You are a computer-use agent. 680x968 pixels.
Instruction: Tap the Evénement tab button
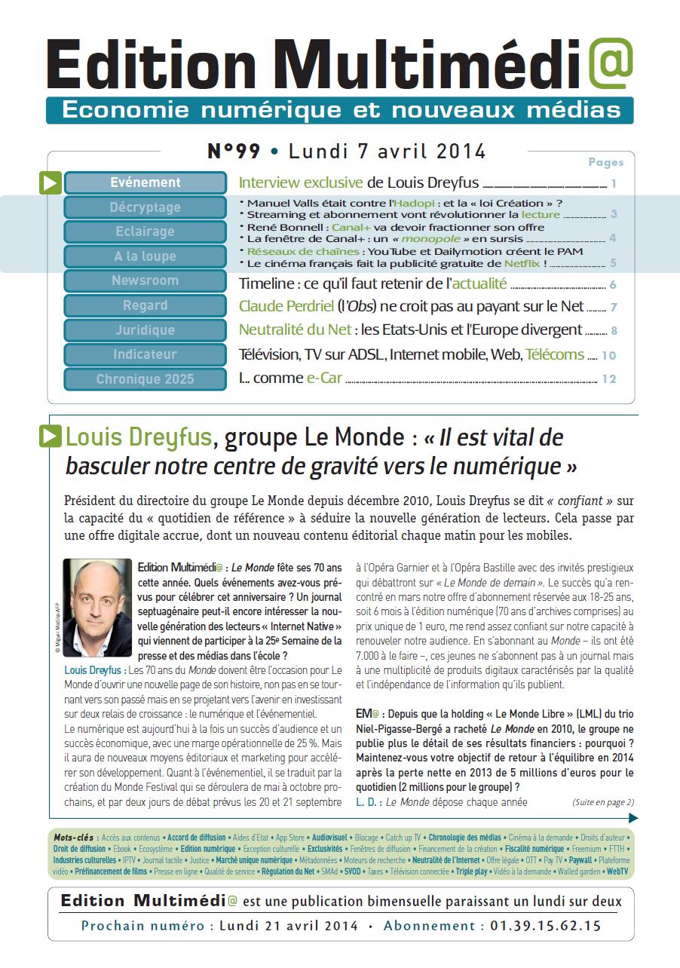145,182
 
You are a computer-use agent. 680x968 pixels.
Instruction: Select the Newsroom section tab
145,280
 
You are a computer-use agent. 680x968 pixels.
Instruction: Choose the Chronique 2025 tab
145,378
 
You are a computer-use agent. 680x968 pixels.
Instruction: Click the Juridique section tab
145,329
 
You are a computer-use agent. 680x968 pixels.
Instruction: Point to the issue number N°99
234,152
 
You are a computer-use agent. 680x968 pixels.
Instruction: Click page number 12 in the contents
609,379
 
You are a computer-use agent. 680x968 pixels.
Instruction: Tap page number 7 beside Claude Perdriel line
614,308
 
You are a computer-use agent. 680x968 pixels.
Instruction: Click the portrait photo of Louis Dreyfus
97,608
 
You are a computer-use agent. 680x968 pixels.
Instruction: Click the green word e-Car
323,378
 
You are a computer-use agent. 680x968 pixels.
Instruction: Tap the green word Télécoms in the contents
555,354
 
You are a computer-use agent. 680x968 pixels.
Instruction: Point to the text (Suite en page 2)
603,801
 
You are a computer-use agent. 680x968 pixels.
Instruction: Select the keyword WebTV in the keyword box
617,871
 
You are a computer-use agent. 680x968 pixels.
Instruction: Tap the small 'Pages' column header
605,162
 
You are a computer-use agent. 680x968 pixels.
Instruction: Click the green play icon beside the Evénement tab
50,183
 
